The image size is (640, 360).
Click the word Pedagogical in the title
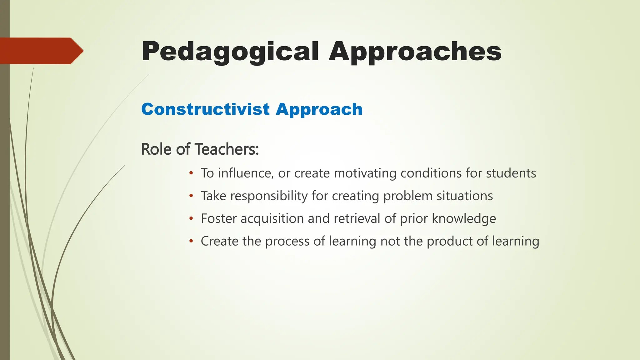pyautogui.click(x=230, y=52)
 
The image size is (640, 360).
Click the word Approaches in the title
pyautogui.click(x=415, y=52)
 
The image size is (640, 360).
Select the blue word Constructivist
pyautogui.click(x=205, y=109)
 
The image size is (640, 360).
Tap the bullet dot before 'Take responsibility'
pyautogui.click(x=191, y=196)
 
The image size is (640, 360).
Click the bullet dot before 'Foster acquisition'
pyautogui.click(x=191, y=218)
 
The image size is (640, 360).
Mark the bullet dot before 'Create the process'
pyautogui.click(x=191, y=241)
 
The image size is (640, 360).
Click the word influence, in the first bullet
pyautogui.click(x=246, y=173)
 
